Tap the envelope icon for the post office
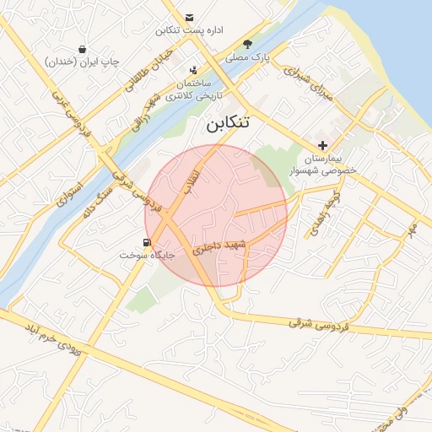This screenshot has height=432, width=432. (x=189, y=18)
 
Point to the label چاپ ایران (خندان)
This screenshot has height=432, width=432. (x=83, y=62)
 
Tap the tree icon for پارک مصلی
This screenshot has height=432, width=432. (x=247, y=44)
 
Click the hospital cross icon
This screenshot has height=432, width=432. (x=322, y=145)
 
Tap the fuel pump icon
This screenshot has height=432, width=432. (x=148, y=243)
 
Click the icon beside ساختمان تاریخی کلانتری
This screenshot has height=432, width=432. (x=194, y=70)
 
